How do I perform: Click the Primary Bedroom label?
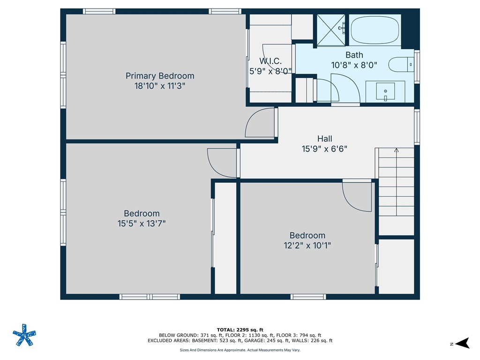click(x=159, y=76)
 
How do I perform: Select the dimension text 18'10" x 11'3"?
click(x=159, y=86)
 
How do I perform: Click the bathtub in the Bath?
click(x=375, y=30)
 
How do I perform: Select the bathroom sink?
click(x=385, y=91)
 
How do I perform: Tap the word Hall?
click(x=324, y=139)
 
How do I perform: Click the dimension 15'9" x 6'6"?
click(x=324, y=149)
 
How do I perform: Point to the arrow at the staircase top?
click(x=396, y=150)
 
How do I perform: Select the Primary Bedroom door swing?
click(x=259, y=123)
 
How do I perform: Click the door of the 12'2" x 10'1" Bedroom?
click(x=357, y=196)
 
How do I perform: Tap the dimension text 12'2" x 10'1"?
click(x=307, y=246)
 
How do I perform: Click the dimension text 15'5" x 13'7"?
click(x=142, y=224)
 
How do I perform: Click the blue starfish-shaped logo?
click(x=24, y=335)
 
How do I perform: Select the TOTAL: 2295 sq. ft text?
click(x=240, y=330)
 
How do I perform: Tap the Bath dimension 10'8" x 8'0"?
click(x=354, y=66)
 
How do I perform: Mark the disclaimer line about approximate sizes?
click(x=240, y=350)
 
